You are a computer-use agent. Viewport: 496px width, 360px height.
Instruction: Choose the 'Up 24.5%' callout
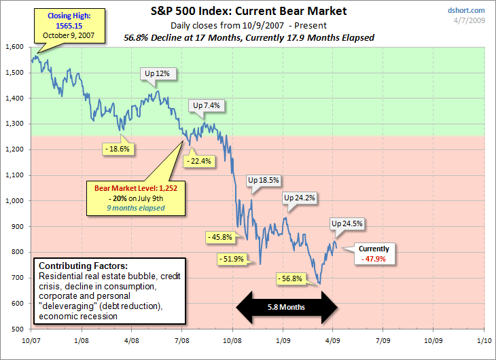[347, 223]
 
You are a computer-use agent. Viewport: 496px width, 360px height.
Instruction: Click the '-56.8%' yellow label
[293, 278]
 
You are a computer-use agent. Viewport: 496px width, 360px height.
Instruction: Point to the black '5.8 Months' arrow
[286, 307]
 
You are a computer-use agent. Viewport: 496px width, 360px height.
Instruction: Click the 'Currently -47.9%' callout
[374, 253]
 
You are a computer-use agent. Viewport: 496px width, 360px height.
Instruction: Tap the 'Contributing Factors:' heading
[78, 266]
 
